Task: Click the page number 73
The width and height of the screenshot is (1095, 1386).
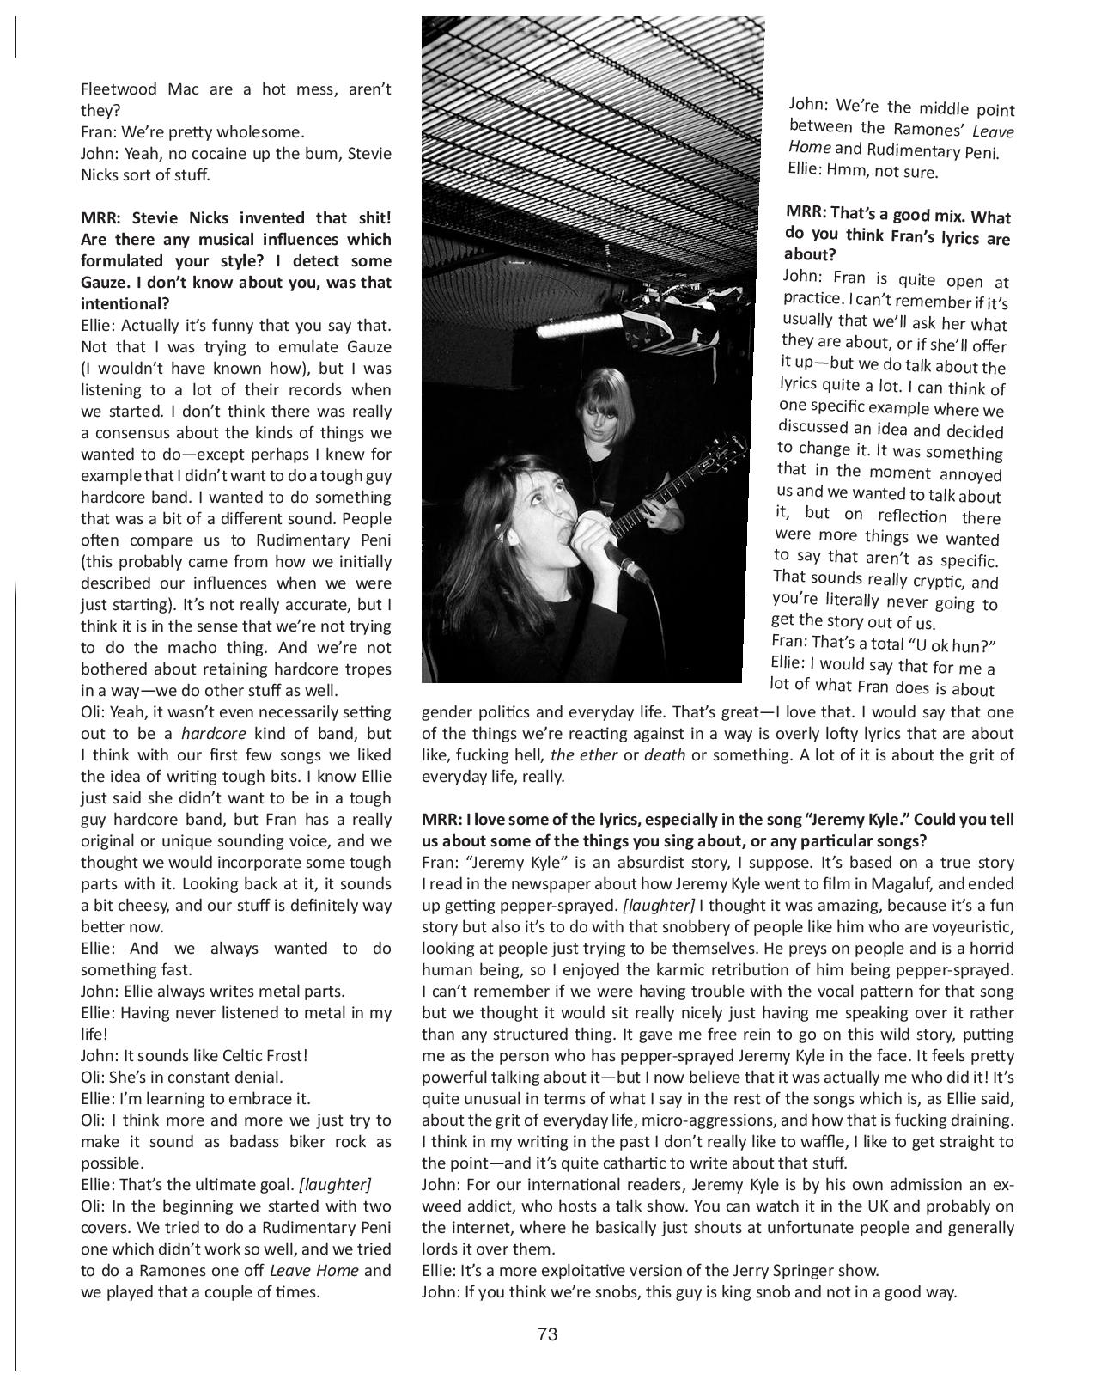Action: coord(548,1334)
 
